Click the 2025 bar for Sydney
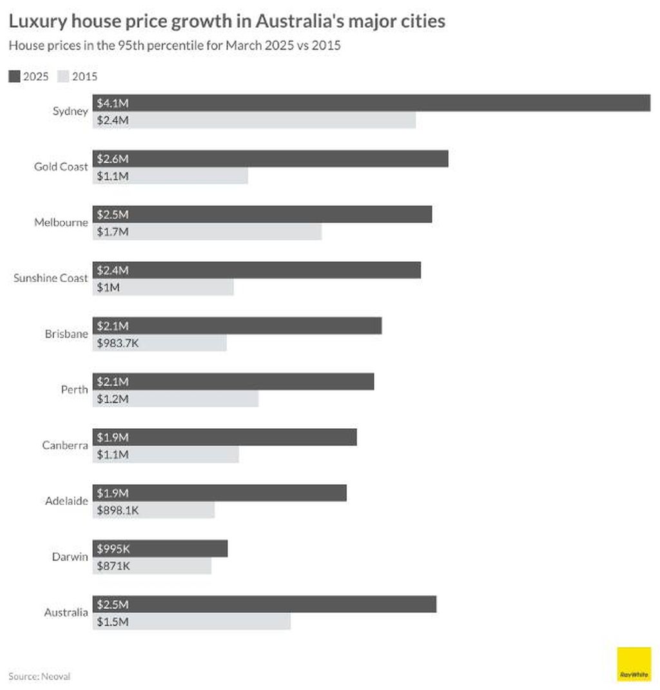(371, 103)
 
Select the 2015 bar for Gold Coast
(170, 175)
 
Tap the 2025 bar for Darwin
(160, 548)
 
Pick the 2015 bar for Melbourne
(207, 231)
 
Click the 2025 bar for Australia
(264, 604)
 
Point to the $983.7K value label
(118, 342)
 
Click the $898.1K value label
(118, 510)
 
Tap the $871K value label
(113, 566)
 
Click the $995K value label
(113, 548)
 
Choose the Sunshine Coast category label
(50, 278)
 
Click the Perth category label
(74, 389)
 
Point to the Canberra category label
(65, 445)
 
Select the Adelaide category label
(66, 500)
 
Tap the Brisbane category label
(66, 334)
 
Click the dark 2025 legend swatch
(14, 77)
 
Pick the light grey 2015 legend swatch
(63, 77)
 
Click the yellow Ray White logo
(634, 664)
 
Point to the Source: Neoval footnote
(39, 676)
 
